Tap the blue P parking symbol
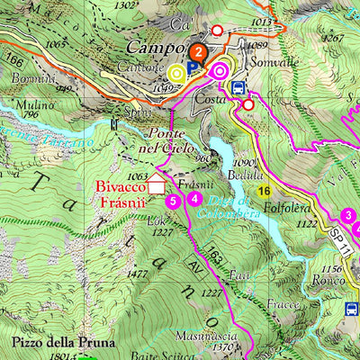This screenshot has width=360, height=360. tap(192, 68)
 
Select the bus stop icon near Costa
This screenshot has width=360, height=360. tap(238, 88)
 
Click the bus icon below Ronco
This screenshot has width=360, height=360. tap(352, 309)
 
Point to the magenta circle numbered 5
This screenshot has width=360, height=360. tap(172, 201)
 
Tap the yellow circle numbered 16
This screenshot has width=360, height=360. tap(263, 191)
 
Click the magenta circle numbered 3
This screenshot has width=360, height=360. tap(348, 215)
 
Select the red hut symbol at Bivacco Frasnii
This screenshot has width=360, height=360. tap(157, 187)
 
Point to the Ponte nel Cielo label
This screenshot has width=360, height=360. tap(172, 140)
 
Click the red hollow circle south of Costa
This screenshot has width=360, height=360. tap(248, 105)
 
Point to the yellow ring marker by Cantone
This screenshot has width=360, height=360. tap(176, 71)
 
